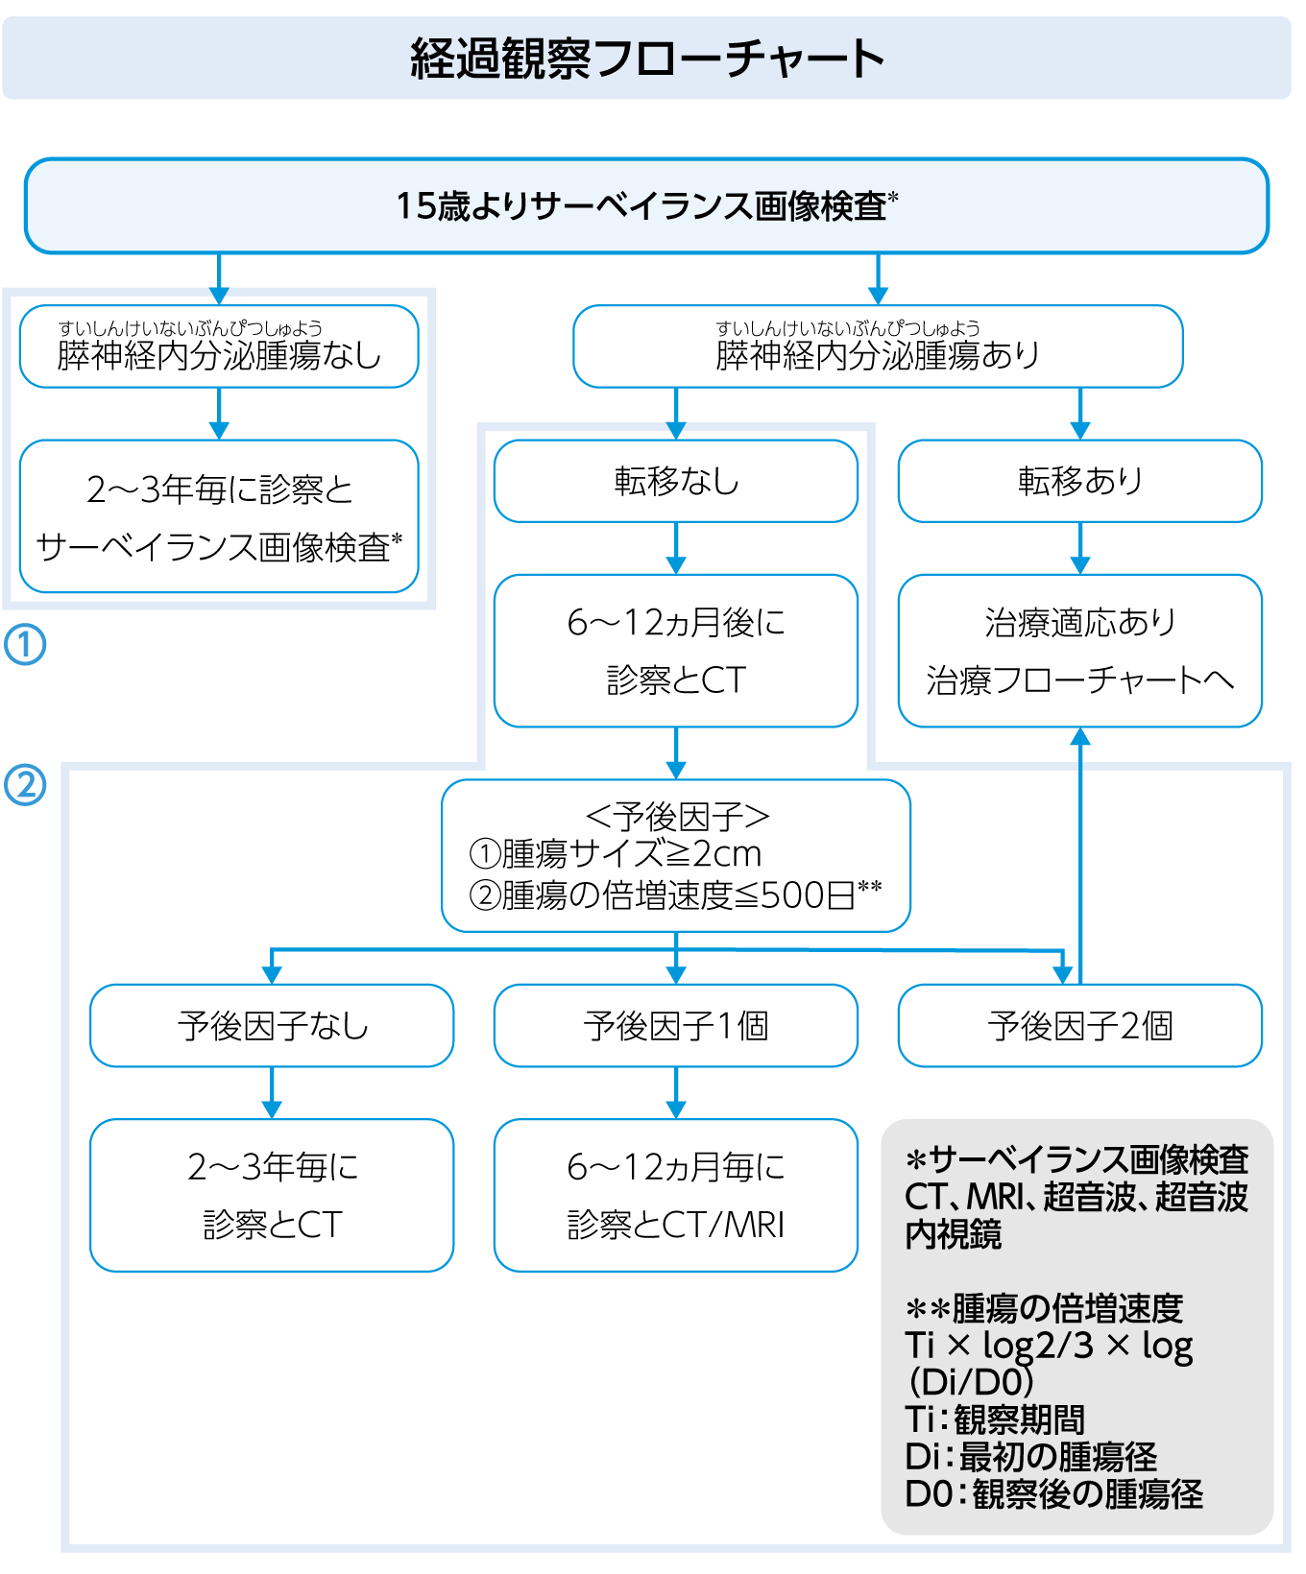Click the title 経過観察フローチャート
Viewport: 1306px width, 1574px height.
(646, 59)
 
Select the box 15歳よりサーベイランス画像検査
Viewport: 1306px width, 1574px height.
(646, 206)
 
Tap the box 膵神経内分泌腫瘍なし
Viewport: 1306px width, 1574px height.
(219, 347)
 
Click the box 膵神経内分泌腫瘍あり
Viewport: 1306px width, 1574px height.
(877, 347)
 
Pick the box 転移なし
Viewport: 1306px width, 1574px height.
(676, 481)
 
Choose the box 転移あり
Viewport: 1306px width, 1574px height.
(1079, 481)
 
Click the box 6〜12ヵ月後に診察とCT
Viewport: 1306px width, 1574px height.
(676, 651)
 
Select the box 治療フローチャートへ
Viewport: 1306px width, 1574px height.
(1079, 651)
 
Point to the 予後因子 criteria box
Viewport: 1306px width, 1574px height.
(676, 855)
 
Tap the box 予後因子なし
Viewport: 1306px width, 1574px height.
(272, 1026)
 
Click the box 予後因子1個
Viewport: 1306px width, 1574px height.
(676, 1026)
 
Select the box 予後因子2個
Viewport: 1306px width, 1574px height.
(1079, 1026)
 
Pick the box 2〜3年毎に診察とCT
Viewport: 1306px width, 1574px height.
(272, 1195)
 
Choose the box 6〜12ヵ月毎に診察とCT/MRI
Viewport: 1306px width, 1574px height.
(676, 1195)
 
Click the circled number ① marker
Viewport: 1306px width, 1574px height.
(25, 645)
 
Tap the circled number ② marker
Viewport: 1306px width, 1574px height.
(25, 785)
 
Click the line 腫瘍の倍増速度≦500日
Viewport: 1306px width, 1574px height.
(676, 895)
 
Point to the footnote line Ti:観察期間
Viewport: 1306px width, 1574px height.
(995, 1419)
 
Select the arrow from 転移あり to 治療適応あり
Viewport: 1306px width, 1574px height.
(1080, 549)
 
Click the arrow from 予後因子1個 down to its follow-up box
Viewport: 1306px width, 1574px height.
(676, 1093)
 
